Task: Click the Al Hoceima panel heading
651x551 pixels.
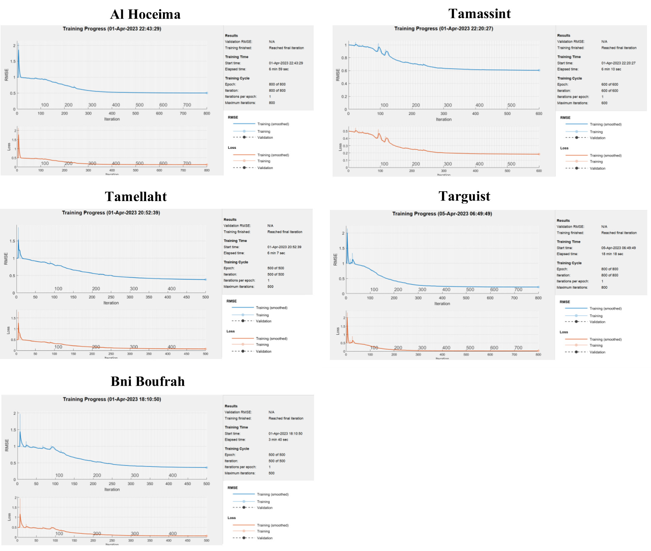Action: [145, 14]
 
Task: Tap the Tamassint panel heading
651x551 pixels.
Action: [479, 14]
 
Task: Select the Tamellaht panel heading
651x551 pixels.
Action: [136, 197]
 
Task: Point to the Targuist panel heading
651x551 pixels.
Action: [464, 196]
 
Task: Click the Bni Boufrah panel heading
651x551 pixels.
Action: [148, 382]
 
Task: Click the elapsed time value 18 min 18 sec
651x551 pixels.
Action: [612, 254]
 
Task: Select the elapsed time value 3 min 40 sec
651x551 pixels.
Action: [278, 440]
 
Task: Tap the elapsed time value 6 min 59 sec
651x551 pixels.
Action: [278, 69]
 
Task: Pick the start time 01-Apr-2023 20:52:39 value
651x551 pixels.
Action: [284, 247]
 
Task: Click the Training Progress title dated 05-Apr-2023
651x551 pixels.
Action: [442, 214]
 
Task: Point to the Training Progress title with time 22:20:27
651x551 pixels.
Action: [444, 29]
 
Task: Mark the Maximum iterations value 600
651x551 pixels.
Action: [604, 103]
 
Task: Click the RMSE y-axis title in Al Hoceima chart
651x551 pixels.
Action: [6, 75]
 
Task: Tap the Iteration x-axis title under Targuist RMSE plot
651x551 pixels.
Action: [442, 304]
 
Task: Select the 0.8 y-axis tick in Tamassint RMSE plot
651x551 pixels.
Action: [344, 58]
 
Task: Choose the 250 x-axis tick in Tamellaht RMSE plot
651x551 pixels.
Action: [111, 297]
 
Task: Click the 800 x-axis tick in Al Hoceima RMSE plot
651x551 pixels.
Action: [207, 114]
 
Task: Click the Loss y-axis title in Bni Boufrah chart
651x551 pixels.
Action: [9, 517]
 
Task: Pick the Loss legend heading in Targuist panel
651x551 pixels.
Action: [563, 332]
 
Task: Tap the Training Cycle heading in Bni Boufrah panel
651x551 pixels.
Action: [237, 449]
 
